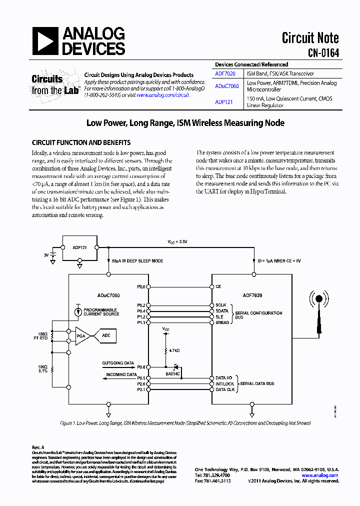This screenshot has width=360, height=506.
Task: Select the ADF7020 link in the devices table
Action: pyautogui.click(x=225, y=73)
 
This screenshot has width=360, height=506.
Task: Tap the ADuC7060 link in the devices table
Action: pyautogui.click(x=226, y=86)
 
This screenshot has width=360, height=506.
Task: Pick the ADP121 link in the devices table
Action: pyautogui.click(x=223, y=99)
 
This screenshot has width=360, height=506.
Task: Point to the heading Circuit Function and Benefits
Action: pyautogui.click(x=81, y=142)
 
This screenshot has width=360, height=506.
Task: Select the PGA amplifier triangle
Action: pyautogui.click(x=83, y=335)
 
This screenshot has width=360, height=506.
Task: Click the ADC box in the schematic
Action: pyautogui.click(x=106, y=335)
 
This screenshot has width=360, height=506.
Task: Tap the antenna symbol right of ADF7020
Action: pyautogui.click(x=318, y=313)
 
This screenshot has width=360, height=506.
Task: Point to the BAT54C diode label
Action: pyautogui.click(x=172, y=373)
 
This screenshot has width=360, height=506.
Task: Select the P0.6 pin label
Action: pyautogui.click(x=141, y=367)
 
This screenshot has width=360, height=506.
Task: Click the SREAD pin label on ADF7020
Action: pyautogui.click(x=222, y=322)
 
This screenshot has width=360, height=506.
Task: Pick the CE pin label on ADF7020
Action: pyautogui.click(x=218, y=287)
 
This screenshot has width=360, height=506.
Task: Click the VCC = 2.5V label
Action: pyautogui.click(x=177, y=241)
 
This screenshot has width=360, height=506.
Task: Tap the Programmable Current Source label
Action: pyautogui.click(x=101, y=311)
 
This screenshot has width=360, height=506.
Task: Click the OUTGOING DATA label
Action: pyautogui.click(x=118, y=363)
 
